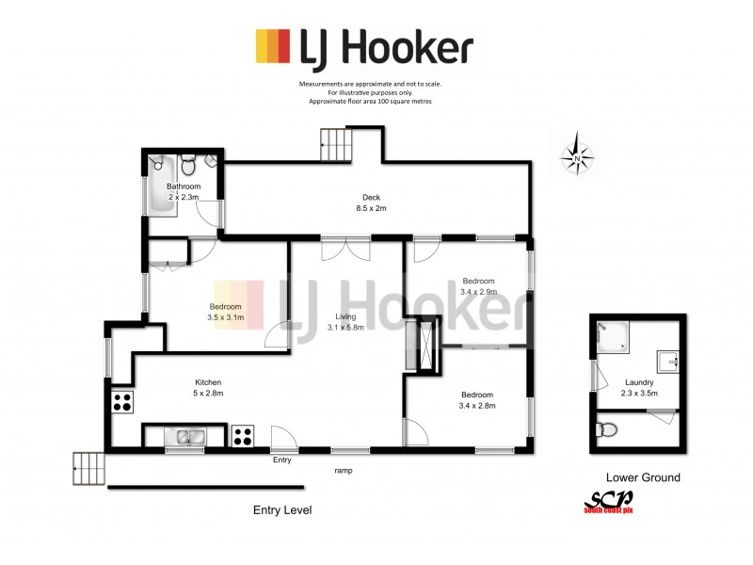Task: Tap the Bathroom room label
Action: [x=184, y=192]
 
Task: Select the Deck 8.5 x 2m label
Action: [x=372, y=202]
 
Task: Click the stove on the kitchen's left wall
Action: [x=121, y=404]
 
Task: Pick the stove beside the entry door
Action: [x=242, y=436]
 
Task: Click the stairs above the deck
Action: [x=336, y=144]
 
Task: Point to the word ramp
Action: [x=344, y=469]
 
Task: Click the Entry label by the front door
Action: [x=282, y=460]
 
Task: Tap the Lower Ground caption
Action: [x=643, y=477]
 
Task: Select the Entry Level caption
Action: [x=282, y=509]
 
